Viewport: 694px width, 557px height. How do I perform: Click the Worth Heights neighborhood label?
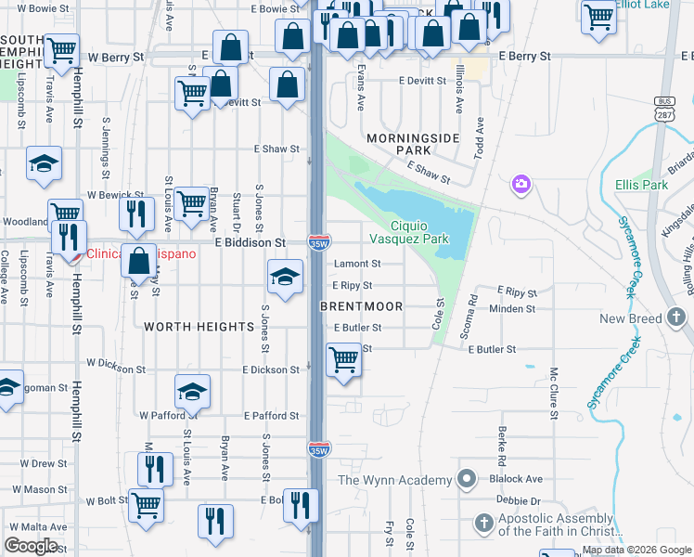pos(199,327)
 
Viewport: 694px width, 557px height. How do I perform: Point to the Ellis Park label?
pos(641,185)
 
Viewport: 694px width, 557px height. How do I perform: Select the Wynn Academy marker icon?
pos(467,480)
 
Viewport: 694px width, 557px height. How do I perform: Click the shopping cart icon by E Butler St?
pos(344,358)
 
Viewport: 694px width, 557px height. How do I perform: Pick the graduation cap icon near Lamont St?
pos(285,275)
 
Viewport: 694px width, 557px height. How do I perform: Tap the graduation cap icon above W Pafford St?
pos(192,391)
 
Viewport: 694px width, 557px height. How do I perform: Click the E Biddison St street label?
pos(250,242)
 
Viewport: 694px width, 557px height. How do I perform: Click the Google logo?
pos(32,546)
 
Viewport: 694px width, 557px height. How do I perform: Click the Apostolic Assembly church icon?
pos(482,524)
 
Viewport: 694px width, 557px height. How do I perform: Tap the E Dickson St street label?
pos(271,369)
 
